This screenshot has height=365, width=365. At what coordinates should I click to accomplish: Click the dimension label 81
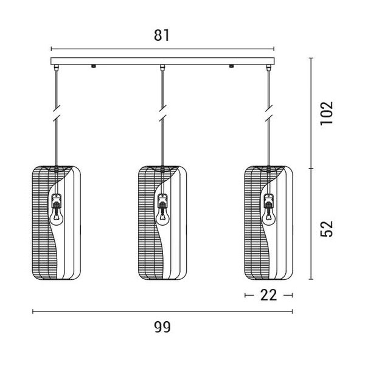pos(162,35)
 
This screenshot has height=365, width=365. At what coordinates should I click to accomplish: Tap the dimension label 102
pos(327,113)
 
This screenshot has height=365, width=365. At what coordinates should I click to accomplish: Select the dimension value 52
pos(327,229)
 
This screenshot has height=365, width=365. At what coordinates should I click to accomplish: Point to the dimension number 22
pos(269,295)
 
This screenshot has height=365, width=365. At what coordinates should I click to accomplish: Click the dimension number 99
pos(162,327)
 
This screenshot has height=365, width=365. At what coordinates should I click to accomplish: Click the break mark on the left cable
pos(57,113)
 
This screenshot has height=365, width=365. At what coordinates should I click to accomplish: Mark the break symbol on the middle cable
pos(163,113)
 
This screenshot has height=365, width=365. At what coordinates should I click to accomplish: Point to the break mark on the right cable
pos(269,113)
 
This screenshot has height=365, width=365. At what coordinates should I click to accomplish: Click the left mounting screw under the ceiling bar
pos(94,66)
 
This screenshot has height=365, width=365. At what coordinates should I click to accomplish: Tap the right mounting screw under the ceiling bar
pos(231,66)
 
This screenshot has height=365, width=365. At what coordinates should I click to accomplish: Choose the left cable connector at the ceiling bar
pos(56,68)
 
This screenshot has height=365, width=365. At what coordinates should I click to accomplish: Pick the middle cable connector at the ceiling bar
pos(162,68)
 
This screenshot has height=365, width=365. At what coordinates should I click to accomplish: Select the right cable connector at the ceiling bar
pos(269,68)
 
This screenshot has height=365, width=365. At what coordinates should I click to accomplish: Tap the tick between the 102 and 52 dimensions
pos(311,169)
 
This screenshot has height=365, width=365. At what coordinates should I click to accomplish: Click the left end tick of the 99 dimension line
pos(33,311)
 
